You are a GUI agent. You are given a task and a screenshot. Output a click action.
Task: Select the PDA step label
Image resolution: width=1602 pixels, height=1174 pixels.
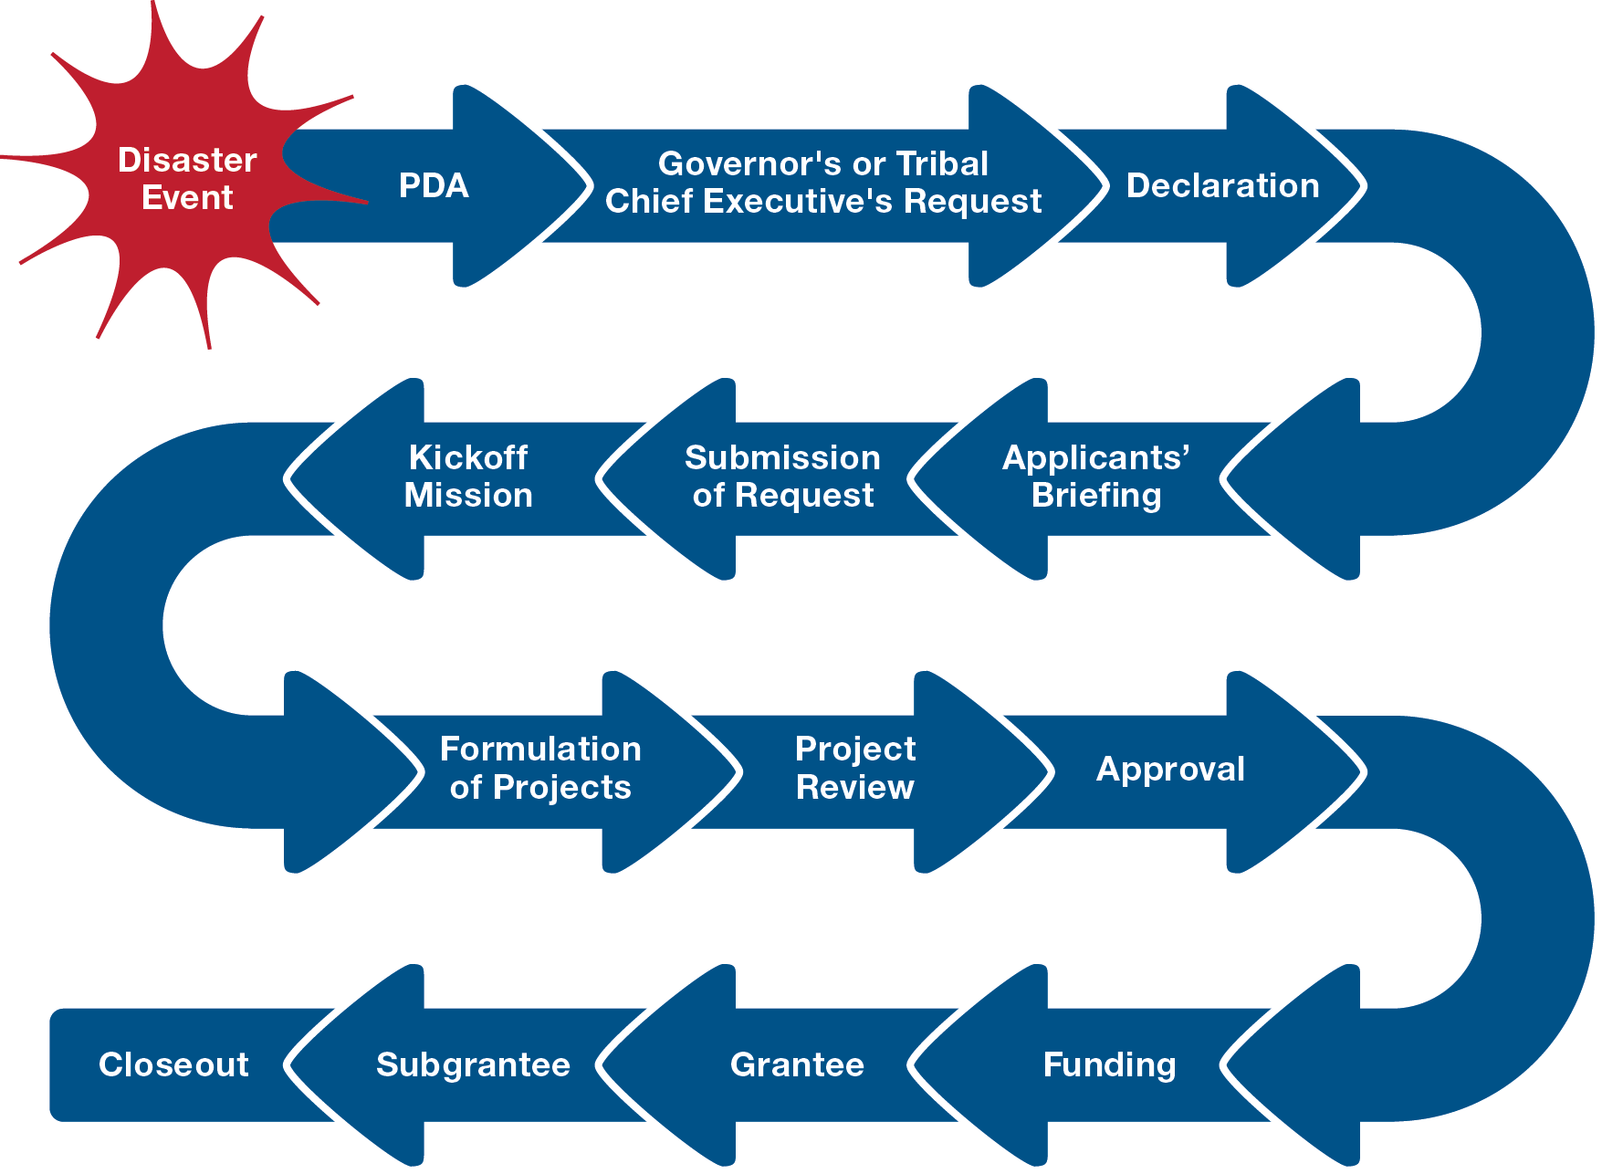[x=434, y=185]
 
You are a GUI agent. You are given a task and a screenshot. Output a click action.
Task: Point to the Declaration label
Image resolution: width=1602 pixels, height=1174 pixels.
[x=1222, y=185]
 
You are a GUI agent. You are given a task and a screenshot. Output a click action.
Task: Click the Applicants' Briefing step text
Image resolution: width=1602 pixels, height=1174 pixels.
[x=1095, y=476]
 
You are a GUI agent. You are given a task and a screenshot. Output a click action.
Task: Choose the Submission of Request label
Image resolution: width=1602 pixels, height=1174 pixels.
[x=782, y=476]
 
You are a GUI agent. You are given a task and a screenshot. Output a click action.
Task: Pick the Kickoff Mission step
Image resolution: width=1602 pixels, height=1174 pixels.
[x=468, y=476]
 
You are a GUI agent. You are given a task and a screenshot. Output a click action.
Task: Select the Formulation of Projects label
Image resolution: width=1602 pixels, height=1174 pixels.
[x=540, y=768]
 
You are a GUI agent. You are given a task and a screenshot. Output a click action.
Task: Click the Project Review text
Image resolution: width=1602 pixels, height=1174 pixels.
[x=854, y=768]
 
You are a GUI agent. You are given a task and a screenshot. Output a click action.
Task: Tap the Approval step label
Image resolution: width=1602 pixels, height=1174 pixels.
[x=1170, y=769]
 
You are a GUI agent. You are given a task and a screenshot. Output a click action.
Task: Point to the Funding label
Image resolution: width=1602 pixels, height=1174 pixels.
[x=1109, y=1064]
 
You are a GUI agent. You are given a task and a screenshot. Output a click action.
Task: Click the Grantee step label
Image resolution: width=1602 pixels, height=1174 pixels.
[x=797, y=1064]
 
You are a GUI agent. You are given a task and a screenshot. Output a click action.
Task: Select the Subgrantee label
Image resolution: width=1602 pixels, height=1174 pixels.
[x=473, y=1064]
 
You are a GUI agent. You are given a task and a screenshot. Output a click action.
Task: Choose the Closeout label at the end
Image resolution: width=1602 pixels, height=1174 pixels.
[x=173, y=1064]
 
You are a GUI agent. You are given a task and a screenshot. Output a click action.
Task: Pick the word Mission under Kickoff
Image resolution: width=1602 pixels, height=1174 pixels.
[x=468, y=495]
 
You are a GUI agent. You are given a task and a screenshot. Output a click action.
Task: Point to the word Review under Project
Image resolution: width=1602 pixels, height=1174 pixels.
[x=854, y=787]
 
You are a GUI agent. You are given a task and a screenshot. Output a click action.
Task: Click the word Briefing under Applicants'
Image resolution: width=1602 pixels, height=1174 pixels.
[x=1096, y=495]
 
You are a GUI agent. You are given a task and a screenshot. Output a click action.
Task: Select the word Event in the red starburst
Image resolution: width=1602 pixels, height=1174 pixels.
[x=187, y=198]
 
